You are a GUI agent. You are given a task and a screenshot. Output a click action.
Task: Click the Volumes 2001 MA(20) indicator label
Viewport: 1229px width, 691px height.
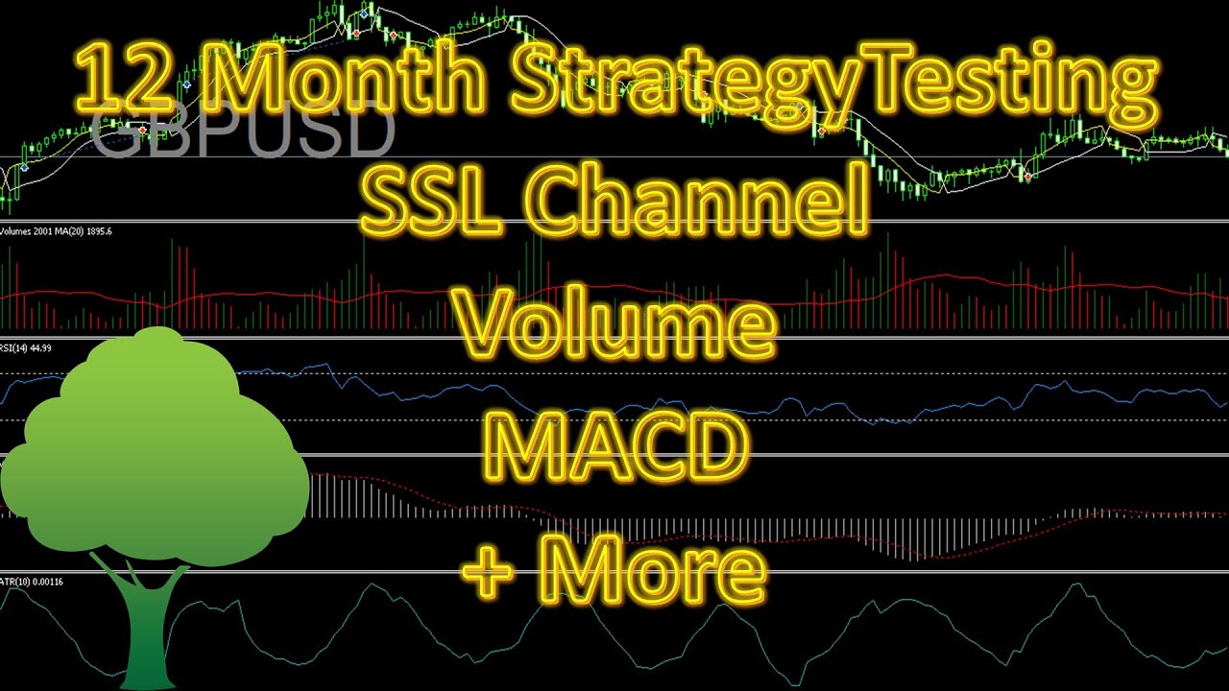(57, 231)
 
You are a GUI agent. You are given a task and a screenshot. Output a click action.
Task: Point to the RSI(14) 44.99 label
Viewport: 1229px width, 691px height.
(27, 347)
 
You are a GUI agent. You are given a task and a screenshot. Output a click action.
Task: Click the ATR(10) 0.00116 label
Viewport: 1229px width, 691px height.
(33, 582)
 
